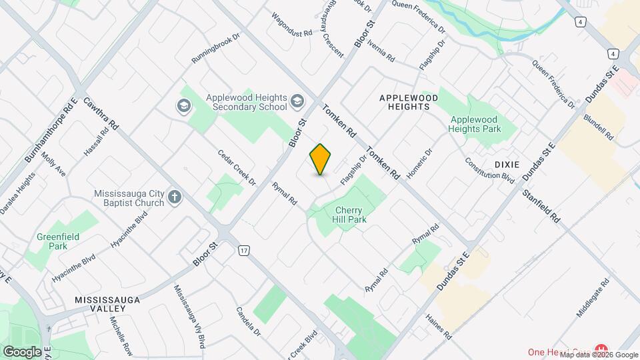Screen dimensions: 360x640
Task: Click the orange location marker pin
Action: pyautogui.click(x=320, y=159)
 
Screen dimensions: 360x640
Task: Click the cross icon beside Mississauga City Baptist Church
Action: pyautogui.click(x=175, y=197)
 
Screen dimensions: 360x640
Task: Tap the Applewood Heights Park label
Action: pyautogui.click(x=475, y=124)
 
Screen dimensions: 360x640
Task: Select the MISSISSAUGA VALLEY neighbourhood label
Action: pyautogui.click(x=107, y=304)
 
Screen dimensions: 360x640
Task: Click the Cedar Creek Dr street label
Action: pyautogui.click(x=237, y=167)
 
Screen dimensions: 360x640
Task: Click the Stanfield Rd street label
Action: pyautogui.click(x=541, y=207)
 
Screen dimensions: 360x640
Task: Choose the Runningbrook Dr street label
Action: pyautogui.click(x=215, y=49)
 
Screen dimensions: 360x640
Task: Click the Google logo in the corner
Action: pyautogui.click(x=22, y=351)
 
